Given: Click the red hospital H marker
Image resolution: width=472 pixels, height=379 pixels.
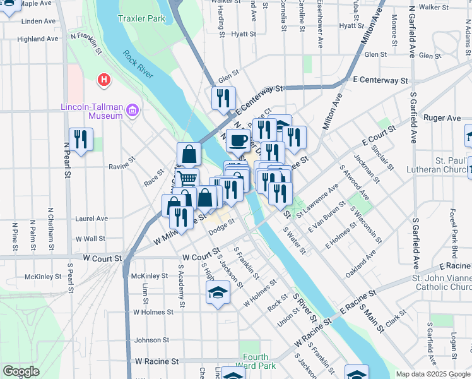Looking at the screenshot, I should tap(103, 80).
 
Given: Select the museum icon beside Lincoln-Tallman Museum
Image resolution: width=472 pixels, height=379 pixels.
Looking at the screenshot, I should tap(132, 112).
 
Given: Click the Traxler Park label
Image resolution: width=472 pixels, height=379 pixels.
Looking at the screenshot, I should tap(141, 18).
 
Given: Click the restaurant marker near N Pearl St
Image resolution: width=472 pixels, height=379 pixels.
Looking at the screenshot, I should tap(81, 140).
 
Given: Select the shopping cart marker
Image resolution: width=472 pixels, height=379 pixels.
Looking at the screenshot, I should tap(186, 179).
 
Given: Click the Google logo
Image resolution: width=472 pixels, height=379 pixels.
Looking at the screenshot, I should tap(21, 371).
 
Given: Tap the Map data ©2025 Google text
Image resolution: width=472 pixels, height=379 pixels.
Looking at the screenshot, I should tap(432, 374).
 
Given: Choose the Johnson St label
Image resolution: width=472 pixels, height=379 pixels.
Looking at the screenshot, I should tap(148, 340).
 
